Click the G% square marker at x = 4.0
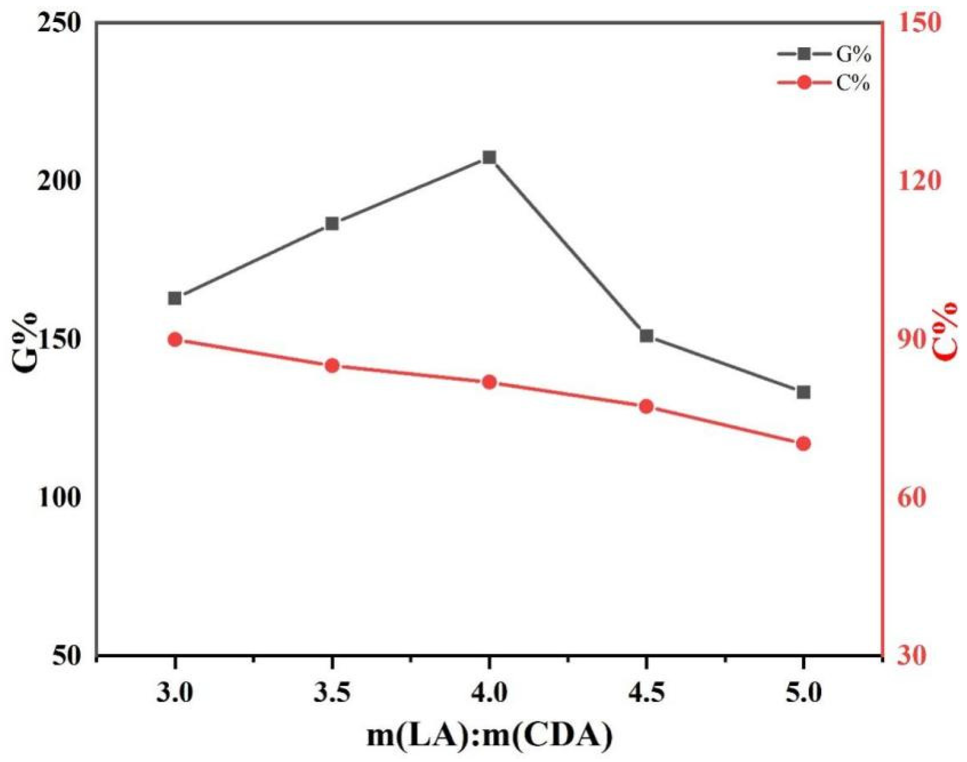[x=490, y=157]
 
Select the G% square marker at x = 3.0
[x=175, y=298]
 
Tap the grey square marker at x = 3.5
[x=332, y=224]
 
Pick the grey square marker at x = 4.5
[x=647, y=336]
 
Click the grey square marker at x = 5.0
[x=804, y=392]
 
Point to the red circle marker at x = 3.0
[x=175, y=340]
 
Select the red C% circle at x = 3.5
[x=332, y=366]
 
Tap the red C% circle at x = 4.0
[x=490, y=382]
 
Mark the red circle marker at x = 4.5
[x=647, y=407]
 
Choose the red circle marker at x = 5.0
[x=804, y=443]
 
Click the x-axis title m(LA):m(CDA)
[x=489, y=735]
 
